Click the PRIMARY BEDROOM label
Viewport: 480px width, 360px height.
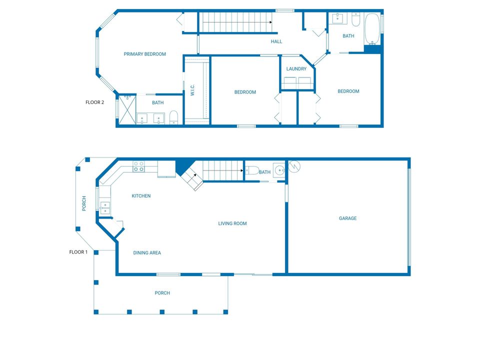click(x=145, y=54)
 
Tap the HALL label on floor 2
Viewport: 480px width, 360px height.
click(x=276, y=41)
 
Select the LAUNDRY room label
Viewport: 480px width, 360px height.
click(x=296, y=69)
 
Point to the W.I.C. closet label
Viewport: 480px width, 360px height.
click(x=192, y=90)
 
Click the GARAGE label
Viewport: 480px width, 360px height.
click(x=348, y=218)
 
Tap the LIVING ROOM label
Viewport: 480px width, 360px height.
click(x=232, y=223)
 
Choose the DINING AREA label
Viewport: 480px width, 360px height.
click(x=147, y=253)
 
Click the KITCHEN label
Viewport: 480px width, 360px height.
click(x=141, y=196)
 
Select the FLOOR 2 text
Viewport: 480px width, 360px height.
click(x=94, y=102)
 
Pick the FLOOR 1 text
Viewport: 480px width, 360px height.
click(x=78, y=252)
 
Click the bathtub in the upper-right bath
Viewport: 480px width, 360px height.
click(x=372, y=29)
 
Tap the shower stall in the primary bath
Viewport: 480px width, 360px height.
click(x=127, y=109)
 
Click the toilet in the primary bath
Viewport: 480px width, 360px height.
click(x=173, y=117)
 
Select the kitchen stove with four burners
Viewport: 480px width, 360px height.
click(x=138, y=166)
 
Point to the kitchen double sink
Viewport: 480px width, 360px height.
click(x=105, y=207)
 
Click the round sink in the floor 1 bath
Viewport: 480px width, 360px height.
click(x=279, y=170)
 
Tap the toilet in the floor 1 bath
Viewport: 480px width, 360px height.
click(x=252, y=170)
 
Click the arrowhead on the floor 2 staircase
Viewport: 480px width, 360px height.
click(x=270, y=22)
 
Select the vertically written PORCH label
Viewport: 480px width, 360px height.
click(x=84, y=203)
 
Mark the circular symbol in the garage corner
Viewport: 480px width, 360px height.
click(x=294, y=166)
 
